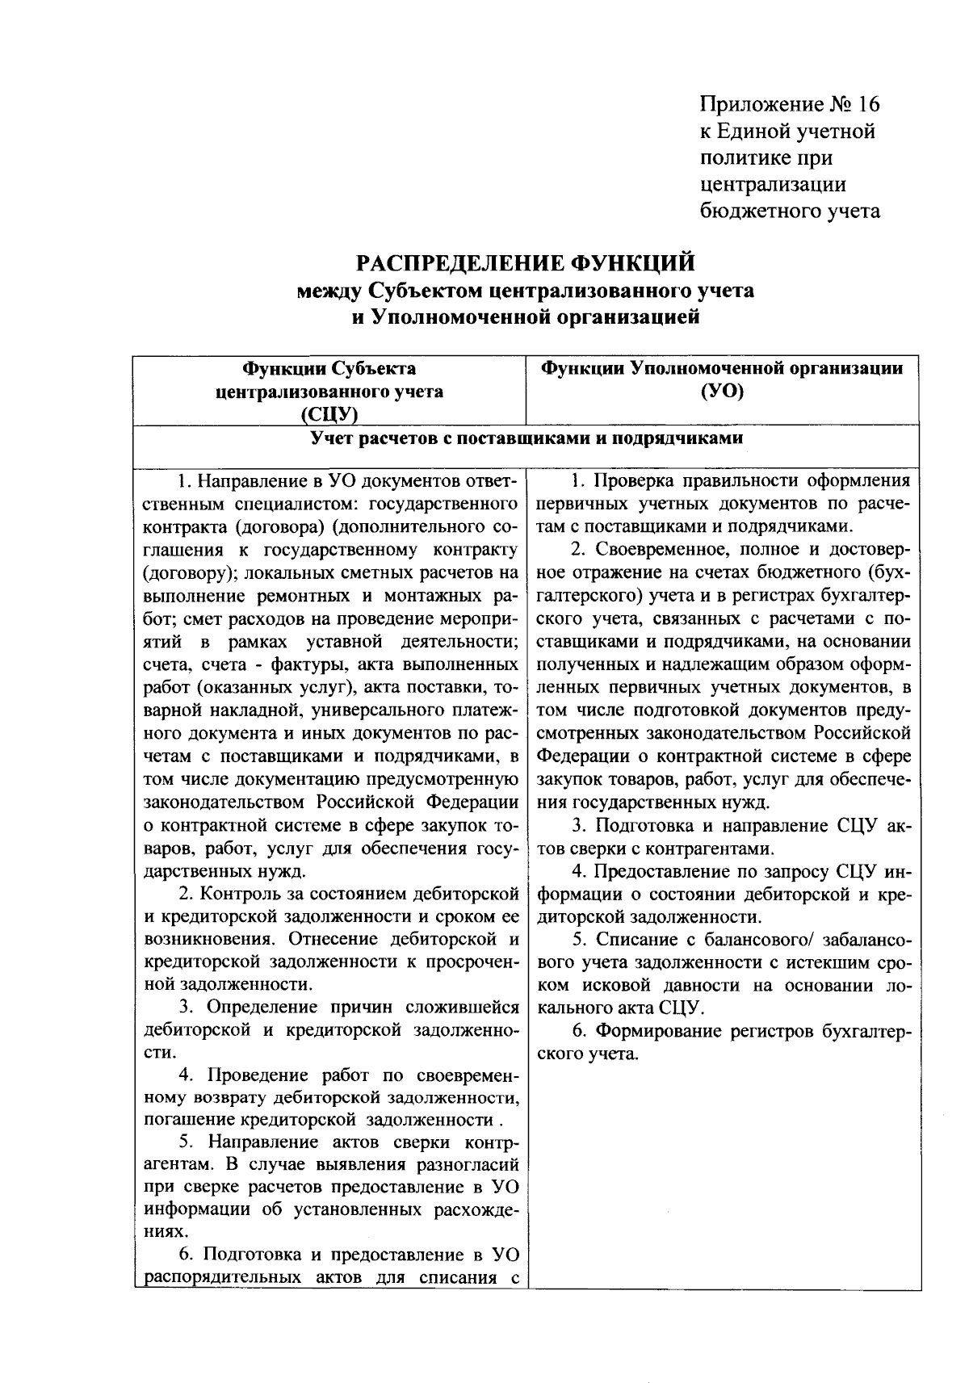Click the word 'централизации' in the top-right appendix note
[773, 184]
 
